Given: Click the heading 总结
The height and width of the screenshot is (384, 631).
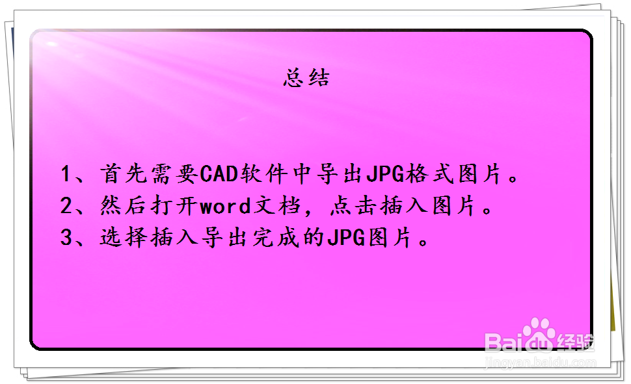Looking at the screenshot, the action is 306,77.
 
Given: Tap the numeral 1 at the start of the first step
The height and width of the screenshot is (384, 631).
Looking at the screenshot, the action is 66,175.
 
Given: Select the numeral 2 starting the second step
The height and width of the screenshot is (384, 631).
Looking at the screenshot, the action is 66,205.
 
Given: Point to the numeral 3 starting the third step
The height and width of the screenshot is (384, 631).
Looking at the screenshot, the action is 66,237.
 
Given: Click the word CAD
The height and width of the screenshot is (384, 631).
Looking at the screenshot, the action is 219,174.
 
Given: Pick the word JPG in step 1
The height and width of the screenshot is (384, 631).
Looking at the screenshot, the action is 385,174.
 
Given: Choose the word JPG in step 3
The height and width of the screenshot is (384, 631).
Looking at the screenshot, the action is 346,237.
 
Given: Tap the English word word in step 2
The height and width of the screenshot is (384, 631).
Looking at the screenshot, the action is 225,206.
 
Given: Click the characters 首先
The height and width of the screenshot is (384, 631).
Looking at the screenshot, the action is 124,174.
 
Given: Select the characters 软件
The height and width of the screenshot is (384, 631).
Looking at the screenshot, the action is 264,174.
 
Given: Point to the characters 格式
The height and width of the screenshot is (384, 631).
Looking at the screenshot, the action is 430,174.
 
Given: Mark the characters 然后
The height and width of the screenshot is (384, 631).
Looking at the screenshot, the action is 124,205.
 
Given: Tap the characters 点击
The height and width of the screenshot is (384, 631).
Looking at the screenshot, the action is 353,205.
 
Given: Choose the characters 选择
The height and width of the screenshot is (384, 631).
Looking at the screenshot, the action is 124,237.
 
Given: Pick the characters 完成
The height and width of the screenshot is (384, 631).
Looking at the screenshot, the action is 276,237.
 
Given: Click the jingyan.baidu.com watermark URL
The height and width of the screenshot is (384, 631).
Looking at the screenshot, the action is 541,363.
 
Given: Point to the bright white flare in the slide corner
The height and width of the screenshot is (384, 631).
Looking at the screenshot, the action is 51,44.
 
